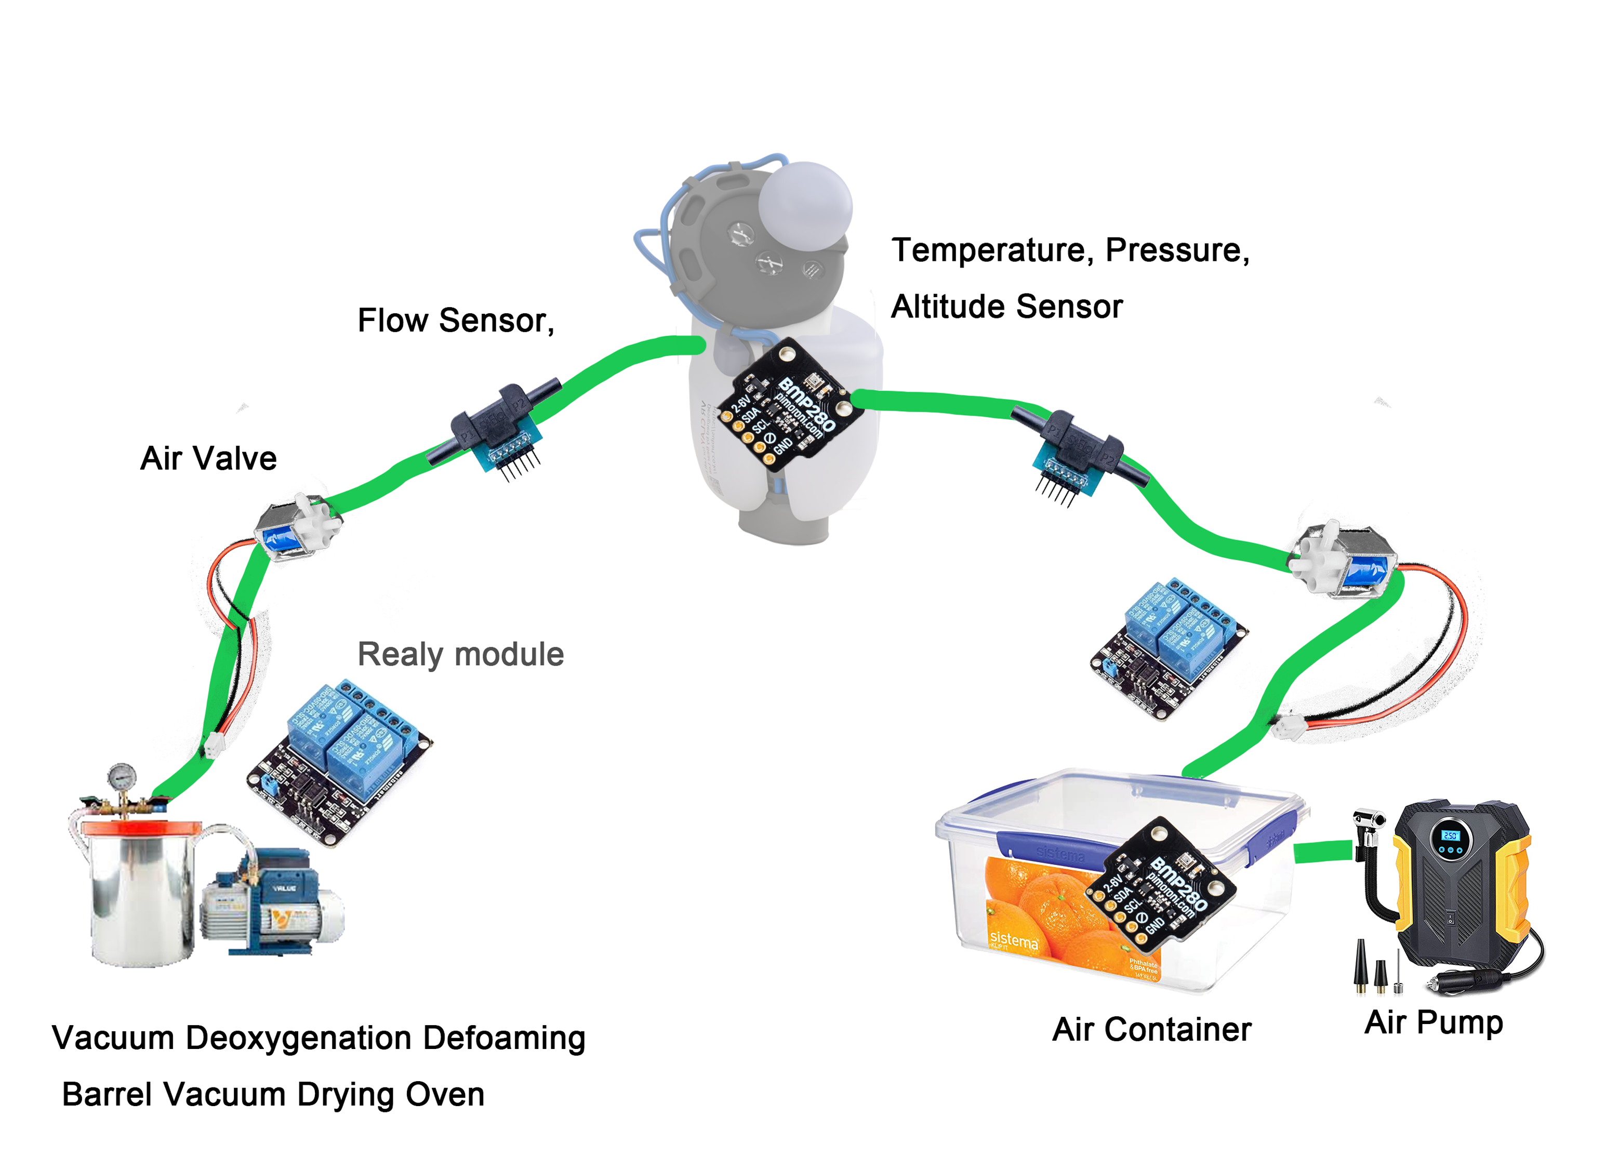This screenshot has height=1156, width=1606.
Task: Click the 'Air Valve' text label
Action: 208,459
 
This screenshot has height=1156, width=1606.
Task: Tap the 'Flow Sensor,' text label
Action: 455,321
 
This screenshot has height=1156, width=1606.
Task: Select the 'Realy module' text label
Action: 460,654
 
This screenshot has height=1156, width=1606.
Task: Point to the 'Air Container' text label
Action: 1151,1029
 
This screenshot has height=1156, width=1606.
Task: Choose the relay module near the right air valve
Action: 1169,648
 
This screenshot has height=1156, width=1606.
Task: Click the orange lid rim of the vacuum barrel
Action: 142,828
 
